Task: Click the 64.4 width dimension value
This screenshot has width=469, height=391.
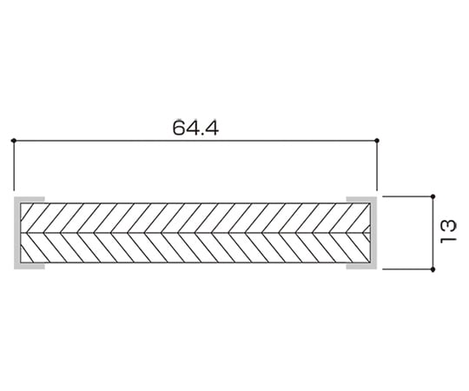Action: tap(195, 128)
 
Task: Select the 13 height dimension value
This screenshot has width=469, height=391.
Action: tap(448, 231)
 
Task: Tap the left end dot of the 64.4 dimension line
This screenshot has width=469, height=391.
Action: tap(13, 140)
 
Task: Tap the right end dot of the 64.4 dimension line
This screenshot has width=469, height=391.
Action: tap(377, 140)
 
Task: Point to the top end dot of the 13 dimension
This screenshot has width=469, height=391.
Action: tap(433, 196)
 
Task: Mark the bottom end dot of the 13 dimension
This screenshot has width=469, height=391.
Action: tap(433, 269)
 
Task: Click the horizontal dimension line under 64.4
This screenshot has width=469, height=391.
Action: tap(195, 140)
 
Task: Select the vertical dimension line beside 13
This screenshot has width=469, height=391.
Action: tap(433, 233)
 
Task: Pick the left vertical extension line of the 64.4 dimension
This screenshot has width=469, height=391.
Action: tap(14, 165)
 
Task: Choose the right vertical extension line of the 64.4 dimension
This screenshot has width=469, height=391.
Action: tap(377, 165)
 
